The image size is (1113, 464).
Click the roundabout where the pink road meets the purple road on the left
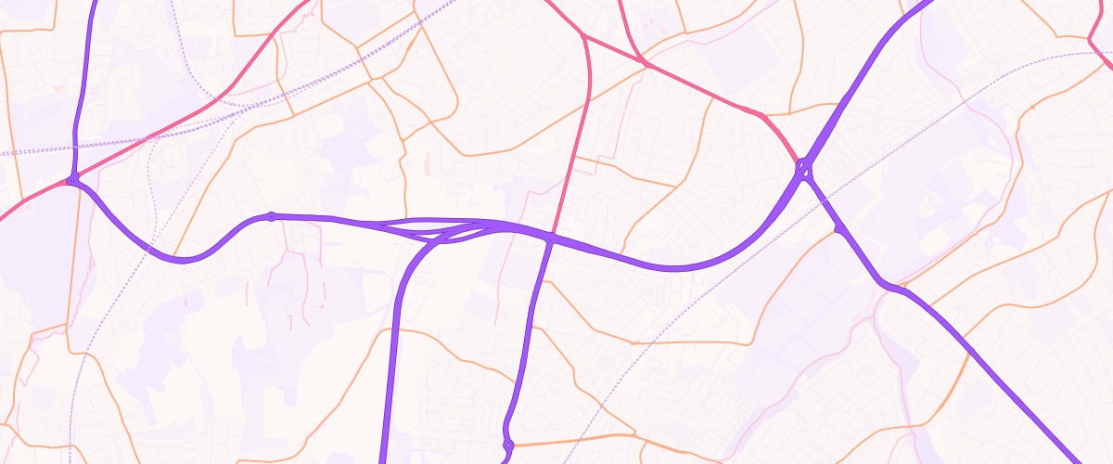tap(71, 180)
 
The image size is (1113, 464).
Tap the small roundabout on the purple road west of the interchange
tap(271, 216)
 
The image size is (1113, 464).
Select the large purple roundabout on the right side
tap(803, 169)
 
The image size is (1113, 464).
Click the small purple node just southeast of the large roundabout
tap(838, 227)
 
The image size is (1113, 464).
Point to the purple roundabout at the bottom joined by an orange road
tap(507, 446)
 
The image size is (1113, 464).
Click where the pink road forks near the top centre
tap(583, 35)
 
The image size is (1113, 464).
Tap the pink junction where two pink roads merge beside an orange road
tap(641, 61)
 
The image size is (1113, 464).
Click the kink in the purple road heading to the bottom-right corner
tap(892, 287)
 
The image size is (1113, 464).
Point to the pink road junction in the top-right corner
tap(1090, 39)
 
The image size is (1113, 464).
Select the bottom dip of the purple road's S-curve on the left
tap(183, 260)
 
